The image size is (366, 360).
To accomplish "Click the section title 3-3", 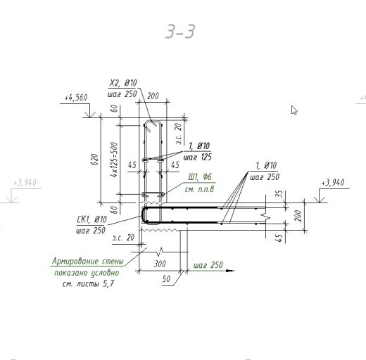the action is (180, 31).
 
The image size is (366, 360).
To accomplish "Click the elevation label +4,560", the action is (76, 98).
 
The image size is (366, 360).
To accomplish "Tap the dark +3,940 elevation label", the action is (333, 182).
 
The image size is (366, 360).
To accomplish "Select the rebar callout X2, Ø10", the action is (123, 83).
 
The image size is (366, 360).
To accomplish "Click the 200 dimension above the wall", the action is (153, 96).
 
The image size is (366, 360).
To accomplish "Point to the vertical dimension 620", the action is (95, 160).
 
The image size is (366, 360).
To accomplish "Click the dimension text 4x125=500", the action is (114, 160).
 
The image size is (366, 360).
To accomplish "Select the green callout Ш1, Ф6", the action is (200, 176).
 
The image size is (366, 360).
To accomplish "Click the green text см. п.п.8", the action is (199, 189).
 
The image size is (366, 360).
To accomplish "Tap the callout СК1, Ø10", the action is (91, 219).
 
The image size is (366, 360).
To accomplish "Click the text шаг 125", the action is (198, 157).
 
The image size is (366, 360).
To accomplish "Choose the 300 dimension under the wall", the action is (160, 264).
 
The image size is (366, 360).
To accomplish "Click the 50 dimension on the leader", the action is (166, 279).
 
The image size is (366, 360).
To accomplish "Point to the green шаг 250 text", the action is (208, 265).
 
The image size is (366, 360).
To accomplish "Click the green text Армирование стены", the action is (87, 261).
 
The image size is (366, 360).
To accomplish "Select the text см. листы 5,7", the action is (88, 284).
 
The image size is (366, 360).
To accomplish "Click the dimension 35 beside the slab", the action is (280, 194).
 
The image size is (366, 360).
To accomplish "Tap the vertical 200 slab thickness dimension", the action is (298, 216).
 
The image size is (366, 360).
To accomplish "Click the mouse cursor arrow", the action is (294, 110).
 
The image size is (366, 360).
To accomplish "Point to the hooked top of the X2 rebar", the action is (153, 121).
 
